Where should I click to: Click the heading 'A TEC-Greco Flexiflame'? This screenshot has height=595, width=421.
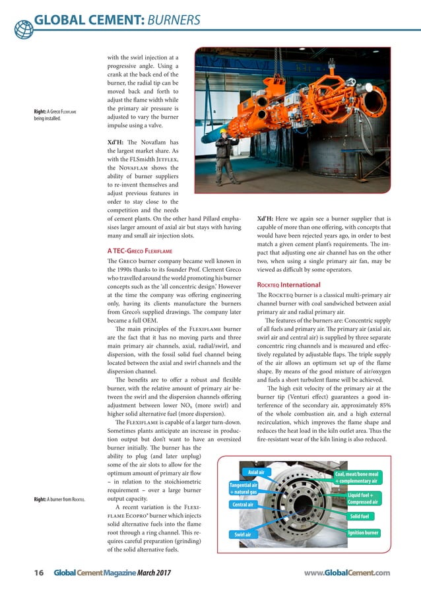coord(141,250)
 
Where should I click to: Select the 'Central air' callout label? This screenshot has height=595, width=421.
coord(244,504)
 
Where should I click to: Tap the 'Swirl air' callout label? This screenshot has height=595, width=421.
coord(243,534)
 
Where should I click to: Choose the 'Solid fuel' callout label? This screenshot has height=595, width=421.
coord(364,515)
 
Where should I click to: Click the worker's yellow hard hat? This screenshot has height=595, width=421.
coord(224,131)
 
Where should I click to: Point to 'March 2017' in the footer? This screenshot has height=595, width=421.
coord(153,573)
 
